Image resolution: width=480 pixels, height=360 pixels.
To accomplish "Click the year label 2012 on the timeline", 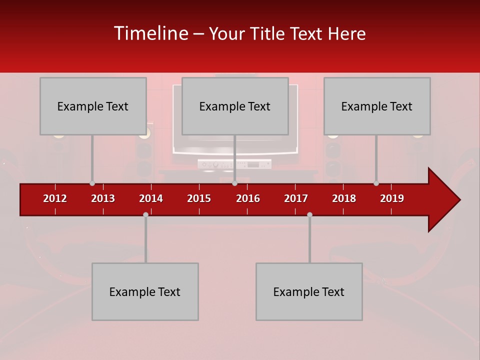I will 55,198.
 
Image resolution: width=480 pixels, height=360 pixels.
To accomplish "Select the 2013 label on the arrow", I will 103,198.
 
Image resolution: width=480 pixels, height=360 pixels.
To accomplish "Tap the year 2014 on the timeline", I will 151,198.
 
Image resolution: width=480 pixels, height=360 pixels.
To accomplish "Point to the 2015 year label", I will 199,198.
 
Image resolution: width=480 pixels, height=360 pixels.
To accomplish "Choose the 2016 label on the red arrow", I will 248,198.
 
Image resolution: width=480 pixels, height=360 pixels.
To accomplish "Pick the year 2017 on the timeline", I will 296,198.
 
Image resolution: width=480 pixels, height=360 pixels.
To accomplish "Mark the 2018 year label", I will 344,198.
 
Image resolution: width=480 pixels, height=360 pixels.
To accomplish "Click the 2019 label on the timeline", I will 392,198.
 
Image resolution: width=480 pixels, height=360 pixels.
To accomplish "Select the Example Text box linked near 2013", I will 93,106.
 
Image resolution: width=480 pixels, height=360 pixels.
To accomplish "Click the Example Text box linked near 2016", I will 235,106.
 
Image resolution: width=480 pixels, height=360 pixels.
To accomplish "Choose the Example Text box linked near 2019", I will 377,106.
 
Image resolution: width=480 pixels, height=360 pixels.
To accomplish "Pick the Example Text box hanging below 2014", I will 145,291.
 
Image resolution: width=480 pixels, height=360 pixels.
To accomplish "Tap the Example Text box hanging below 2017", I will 309,291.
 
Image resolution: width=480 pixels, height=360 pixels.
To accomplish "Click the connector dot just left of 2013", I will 92,183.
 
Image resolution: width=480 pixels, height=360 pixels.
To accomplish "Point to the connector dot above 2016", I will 234,183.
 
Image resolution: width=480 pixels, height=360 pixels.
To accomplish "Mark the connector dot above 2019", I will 376,183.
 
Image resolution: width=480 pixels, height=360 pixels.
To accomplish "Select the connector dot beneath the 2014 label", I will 145,214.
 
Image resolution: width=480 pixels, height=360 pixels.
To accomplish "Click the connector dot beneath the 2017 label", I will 309,214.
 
